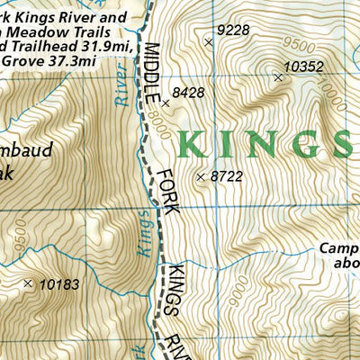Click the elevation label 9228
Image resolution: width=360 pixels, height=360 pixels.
pos(234,30)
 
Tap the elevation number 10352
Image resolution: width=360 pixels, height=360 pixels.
pos(302,67)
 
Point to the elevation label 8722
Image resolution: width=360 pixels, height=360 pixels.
pos(226,177)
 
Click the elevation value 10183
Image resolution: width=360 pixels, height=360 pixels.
pos(60,284)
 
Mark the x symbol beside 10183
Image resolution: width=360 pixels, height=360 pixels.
pos(28,283)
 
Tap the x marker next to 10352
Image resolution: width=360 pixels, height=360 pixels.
pos(277,77)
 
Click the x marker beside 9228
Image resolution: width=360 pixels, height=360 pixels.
pos(209,41)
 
